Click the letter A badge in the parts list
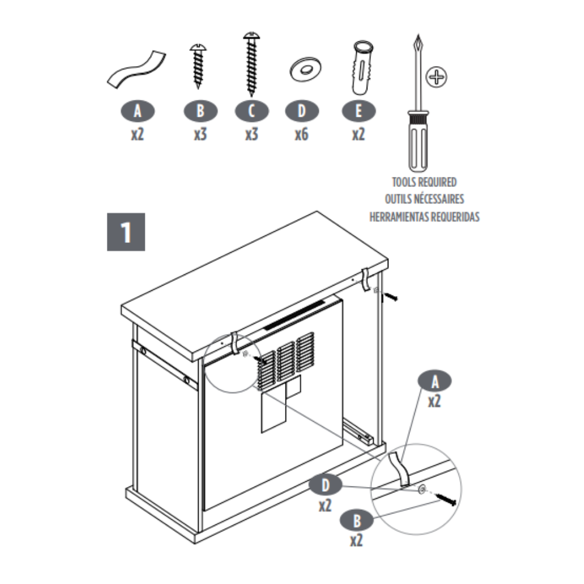coord(137,111)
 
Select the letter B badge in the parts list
coord(200,111)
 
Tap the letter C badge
coord(251,111)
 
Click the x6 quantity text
coord(301,134)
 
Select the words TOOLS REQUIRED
coord(424,182)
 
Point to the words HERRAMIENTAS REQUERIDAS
coord(424,217)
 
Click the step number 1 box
coord(126,232)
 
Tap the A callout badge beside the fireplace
coord(434,381)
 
